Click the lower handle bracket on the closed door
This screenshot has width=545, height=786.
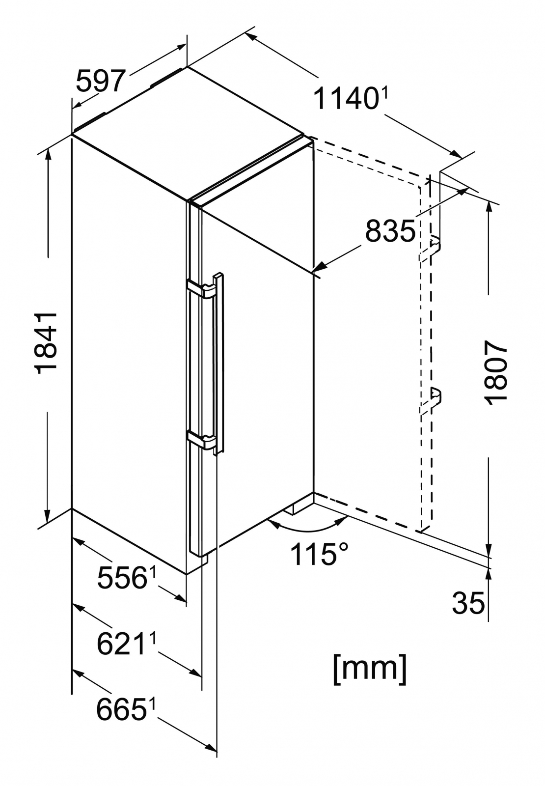[201, 439]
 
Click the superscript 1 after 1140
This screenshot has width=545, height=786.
[384, 92]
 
